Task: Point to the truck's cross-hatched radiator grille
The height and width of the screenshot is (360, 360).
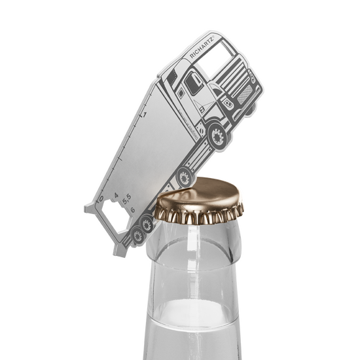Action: point(246,97)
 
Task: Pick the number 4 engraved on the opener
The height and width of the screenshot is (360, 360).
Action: point(115,196)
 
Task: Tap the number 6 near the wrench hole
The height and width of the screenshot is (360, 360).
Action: point(132,209)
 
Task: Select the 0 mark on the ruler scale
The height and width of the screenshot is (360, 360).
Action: point(100,196)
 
